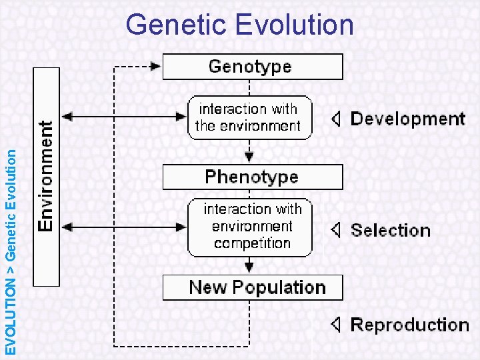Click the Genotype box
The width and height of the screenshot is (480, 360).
tap(253, 67)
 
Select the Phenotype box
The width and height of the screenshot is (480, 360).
tap(253, 177)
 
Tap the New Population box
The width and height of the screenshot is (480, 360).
tap(253, 287)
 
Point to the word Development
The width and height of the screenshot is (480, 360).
tap(407, 119)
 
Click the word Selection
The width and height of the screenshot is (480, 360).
tap(390, 231)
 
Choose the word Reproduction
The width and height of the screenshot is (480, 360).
tap(409, 325)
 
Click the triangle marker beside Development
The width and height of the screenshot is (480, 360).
tap(337, 119)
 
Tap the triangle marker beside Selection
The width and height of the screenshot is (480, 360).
tap(337, 231)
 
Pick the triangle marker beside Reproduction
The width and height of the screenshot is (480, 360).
tap(337, 325)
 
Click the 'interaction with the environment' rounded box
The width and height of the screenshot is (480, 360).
tap(249, 117)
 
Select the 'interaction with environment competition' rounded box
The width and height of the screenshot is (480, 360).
tap(250, 227)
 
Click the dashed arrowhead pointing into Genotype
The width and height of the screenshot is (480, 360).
tap(156, 67)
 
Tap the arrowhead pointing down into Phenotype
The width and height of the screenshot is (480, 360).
tap(249, 158)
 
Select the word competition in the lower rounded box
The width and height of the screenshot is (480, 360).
tap(252, 243)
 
